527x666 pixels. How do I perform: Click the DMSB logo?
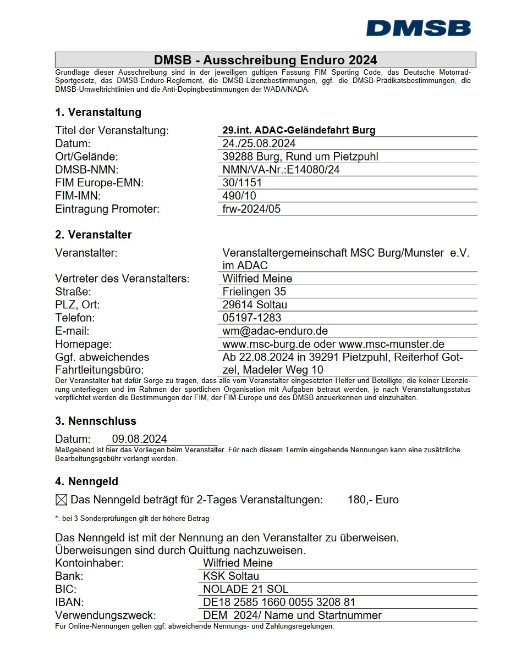(418, 28)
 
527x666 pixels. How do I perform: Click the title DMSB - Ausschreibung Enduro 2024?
(265, 60)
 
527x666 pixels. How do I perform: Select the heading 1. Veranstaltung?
(98, 112)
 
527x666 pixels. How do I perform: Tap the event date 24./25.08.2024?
(259, 143)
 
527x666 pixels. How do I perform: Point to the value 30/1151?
(242, 182)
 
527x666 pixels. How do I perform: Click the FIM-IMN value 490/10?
(239, 196)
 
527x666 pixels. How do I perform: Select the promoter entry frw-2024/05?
(251, 209)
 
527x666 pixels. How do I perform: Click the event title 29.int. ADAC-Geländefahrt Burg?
(299, 130)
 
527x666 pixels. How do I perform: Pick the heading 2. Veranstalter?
(94, 235)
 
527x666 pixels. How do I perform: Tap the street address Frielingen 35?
(254, 292)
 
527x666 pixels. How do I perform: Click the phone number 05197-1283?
(251, 318)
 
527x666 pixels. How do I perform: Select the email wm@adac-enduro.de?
(275, 331)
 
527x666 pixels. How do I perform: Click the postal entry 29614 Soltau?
(255, 304)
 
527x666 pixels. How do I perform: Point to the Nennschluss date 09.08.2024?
(140, 439)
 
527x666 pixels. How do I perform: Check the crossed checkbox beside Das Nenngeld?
(62, 500)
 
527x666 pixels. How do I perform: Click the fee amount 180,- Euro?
(373, 500)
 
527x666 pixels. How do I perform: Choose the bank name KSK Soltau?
(230, 576)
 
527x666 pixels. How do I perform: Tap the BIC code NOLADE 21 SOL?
(245, 589)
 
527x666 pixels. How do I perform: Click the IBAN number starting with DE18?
(279, 602)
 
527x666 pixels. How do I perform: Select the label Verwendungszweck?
(106, 615)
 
